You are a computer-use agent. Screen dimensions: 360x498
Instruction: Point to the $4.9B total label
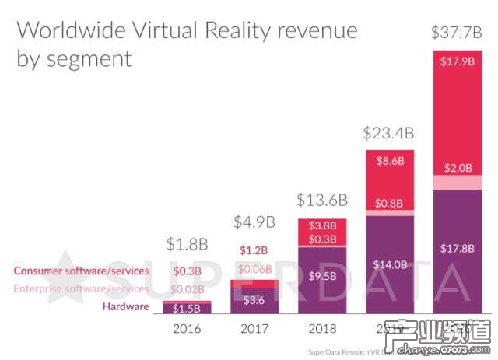(x=254, y=222)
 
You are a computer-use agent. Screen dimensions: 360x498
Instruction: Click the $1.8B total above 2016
(x=188, y=244)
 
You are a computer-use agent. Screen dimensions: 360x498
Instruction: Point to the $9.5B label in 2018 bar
(x=321, y=275)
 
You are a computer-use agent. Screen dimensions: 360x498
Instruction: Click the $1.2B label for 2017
(x=254, y=250)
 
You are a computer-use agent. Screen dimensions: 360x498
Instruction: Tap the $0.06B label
(x=254, y=270)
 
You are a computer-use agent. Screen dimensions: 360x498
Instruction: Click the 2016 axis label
(x=188, y=329)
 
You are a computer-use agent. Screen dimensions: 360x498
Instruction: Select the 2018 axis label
(x=321, y=329)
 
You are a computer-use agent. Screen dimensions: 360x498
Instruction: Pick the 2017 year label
(x=254, y=329)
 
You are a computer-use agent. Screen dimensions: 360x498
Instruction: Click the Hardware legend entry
(x=127, y=306)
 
